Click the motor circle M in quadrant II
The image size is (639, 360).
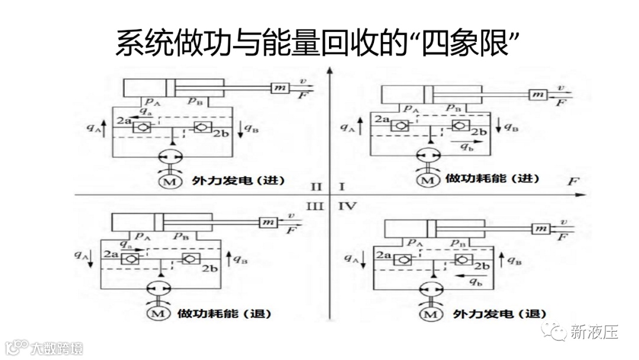[169, 181]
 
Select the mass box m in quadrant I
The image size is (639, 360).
[537, 95]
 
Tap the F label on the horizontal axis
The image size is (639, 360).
[572, 181]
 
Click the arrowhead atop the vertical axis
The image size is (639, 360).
[330, 70]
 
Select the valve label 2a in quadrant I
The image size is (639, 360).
[382, 119]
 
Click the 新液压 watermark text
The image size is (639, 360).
[593, 332]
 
